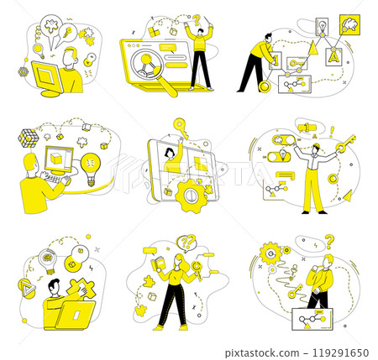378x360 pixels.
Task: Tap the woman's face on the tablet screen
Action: pyautogui.click(x=169, y=154)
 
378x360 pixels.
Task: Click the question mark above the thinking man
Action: pyautogui.click(x=330, y=239)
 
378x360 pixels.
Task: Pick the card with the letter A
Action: pyautogui.click(x=333, y=57)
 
